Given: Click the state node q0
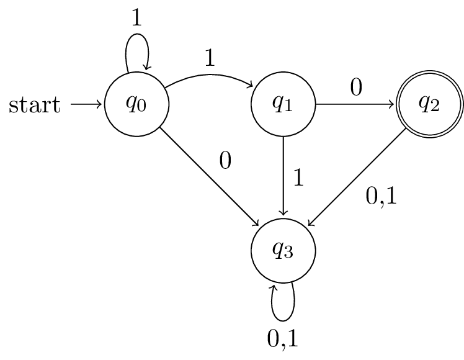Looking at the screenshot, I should pos(136,104).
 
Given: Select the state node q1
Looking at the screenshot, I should pos(283,104).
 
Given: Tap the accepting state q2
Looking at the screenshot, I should pos(430,104).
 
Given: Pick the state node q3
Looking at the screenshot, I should pos(283,251).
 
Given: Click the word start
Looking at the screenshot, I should pos(35,106).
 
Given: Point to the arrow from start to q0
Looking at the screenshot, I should pos(86,104).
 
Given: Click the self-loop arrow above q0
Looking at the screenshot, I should pos(137,48).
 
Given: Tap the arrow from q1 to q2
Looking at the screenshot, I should pos(356,104).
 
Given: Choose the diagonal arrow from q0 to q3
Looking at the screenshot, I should pos(210,178).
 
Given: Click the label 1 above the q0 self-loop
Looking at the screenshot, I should pos(136,17).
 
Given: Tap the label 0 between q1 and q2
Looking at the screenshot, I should pos(356,88).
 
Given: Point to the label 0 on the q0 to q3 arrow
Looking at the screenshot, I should pos(225,160).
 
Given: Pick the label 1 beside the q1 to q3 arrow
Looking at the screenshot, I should pos(298,178).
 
